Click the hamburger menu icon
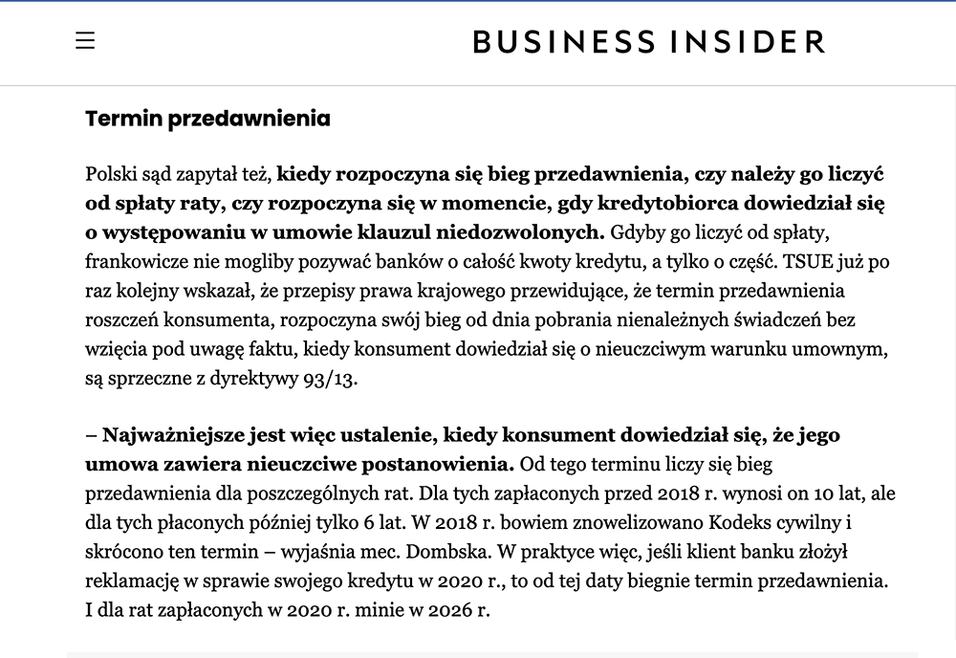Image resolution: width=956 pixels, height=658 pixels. [85, 41]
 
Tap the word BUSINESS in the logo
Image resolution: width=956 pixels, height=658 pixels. [565, 42]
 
